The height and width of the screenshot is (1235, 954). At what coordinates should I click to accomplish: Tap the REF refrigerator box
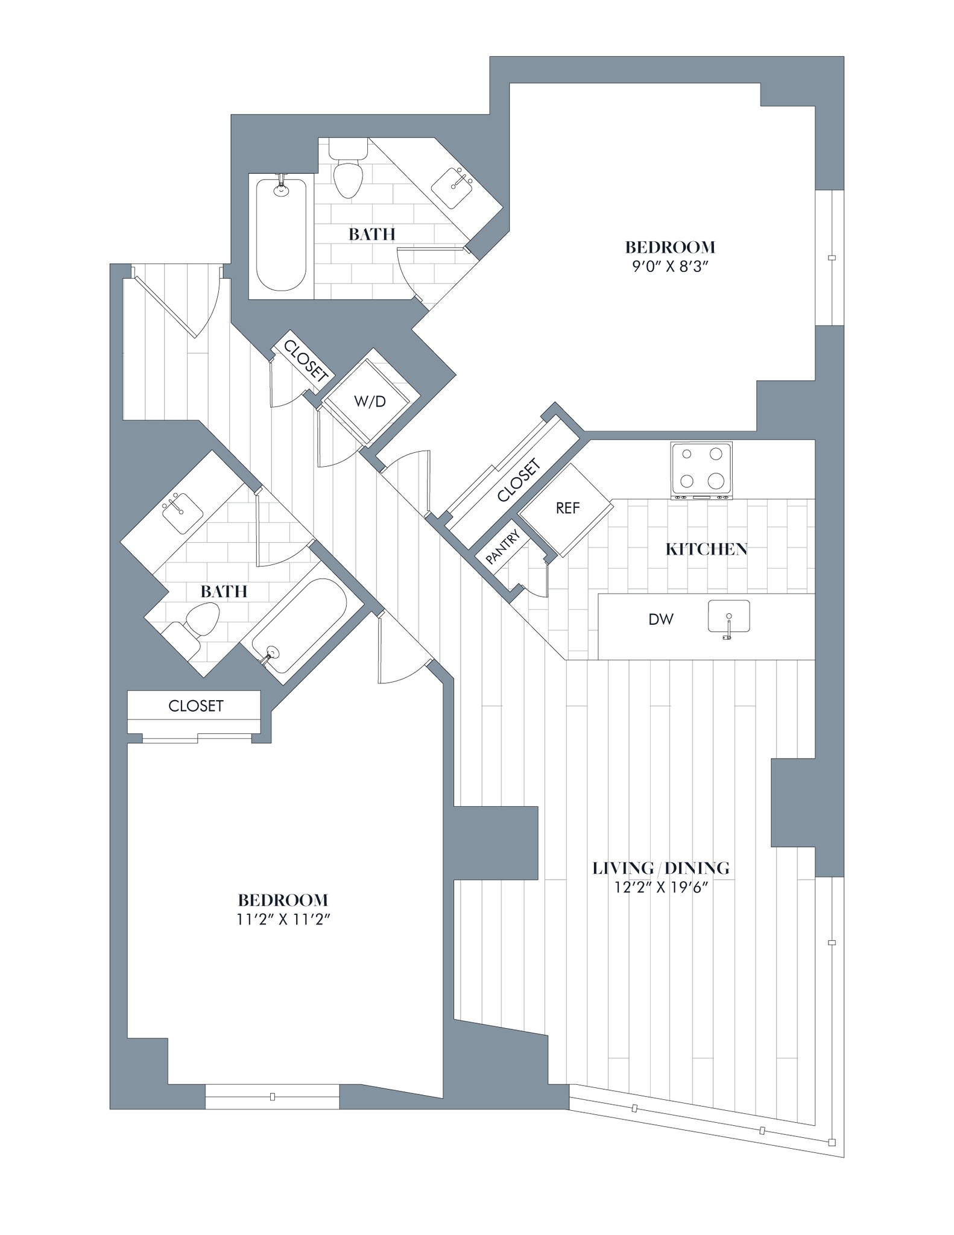click(567, 509)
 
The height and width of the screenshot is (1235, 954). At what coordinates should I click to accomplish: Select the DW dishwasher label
click(660, 619)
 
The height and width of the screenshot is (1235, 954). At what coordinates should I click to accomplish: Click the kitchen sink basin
click(728, 616)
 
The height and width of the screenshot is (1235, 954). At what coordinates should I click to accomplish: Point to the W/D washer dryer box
click(369, 401)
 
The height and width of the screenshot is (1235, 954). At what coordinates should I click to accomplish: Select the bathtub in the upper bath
click(281, 235)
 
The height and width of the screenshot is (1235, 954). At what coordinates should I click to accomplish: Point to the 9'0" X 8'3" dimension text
click(669, 267)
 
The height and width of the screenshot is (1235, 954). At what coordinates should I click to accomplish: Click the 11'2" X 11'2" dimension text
click(283, 920)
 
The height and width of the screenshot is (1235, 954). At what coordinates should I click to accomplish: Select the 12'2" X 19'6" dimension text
click(661, 888)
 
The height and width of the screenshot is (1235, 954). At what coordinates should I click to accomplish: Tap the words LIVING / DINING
click(661, 868)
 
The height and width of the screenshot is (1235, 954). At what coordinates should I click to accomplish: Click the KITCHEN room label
click(706, 549)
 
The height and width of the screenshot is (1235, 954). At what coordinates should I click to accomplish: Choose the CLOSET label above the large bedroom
click(195, 706)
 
